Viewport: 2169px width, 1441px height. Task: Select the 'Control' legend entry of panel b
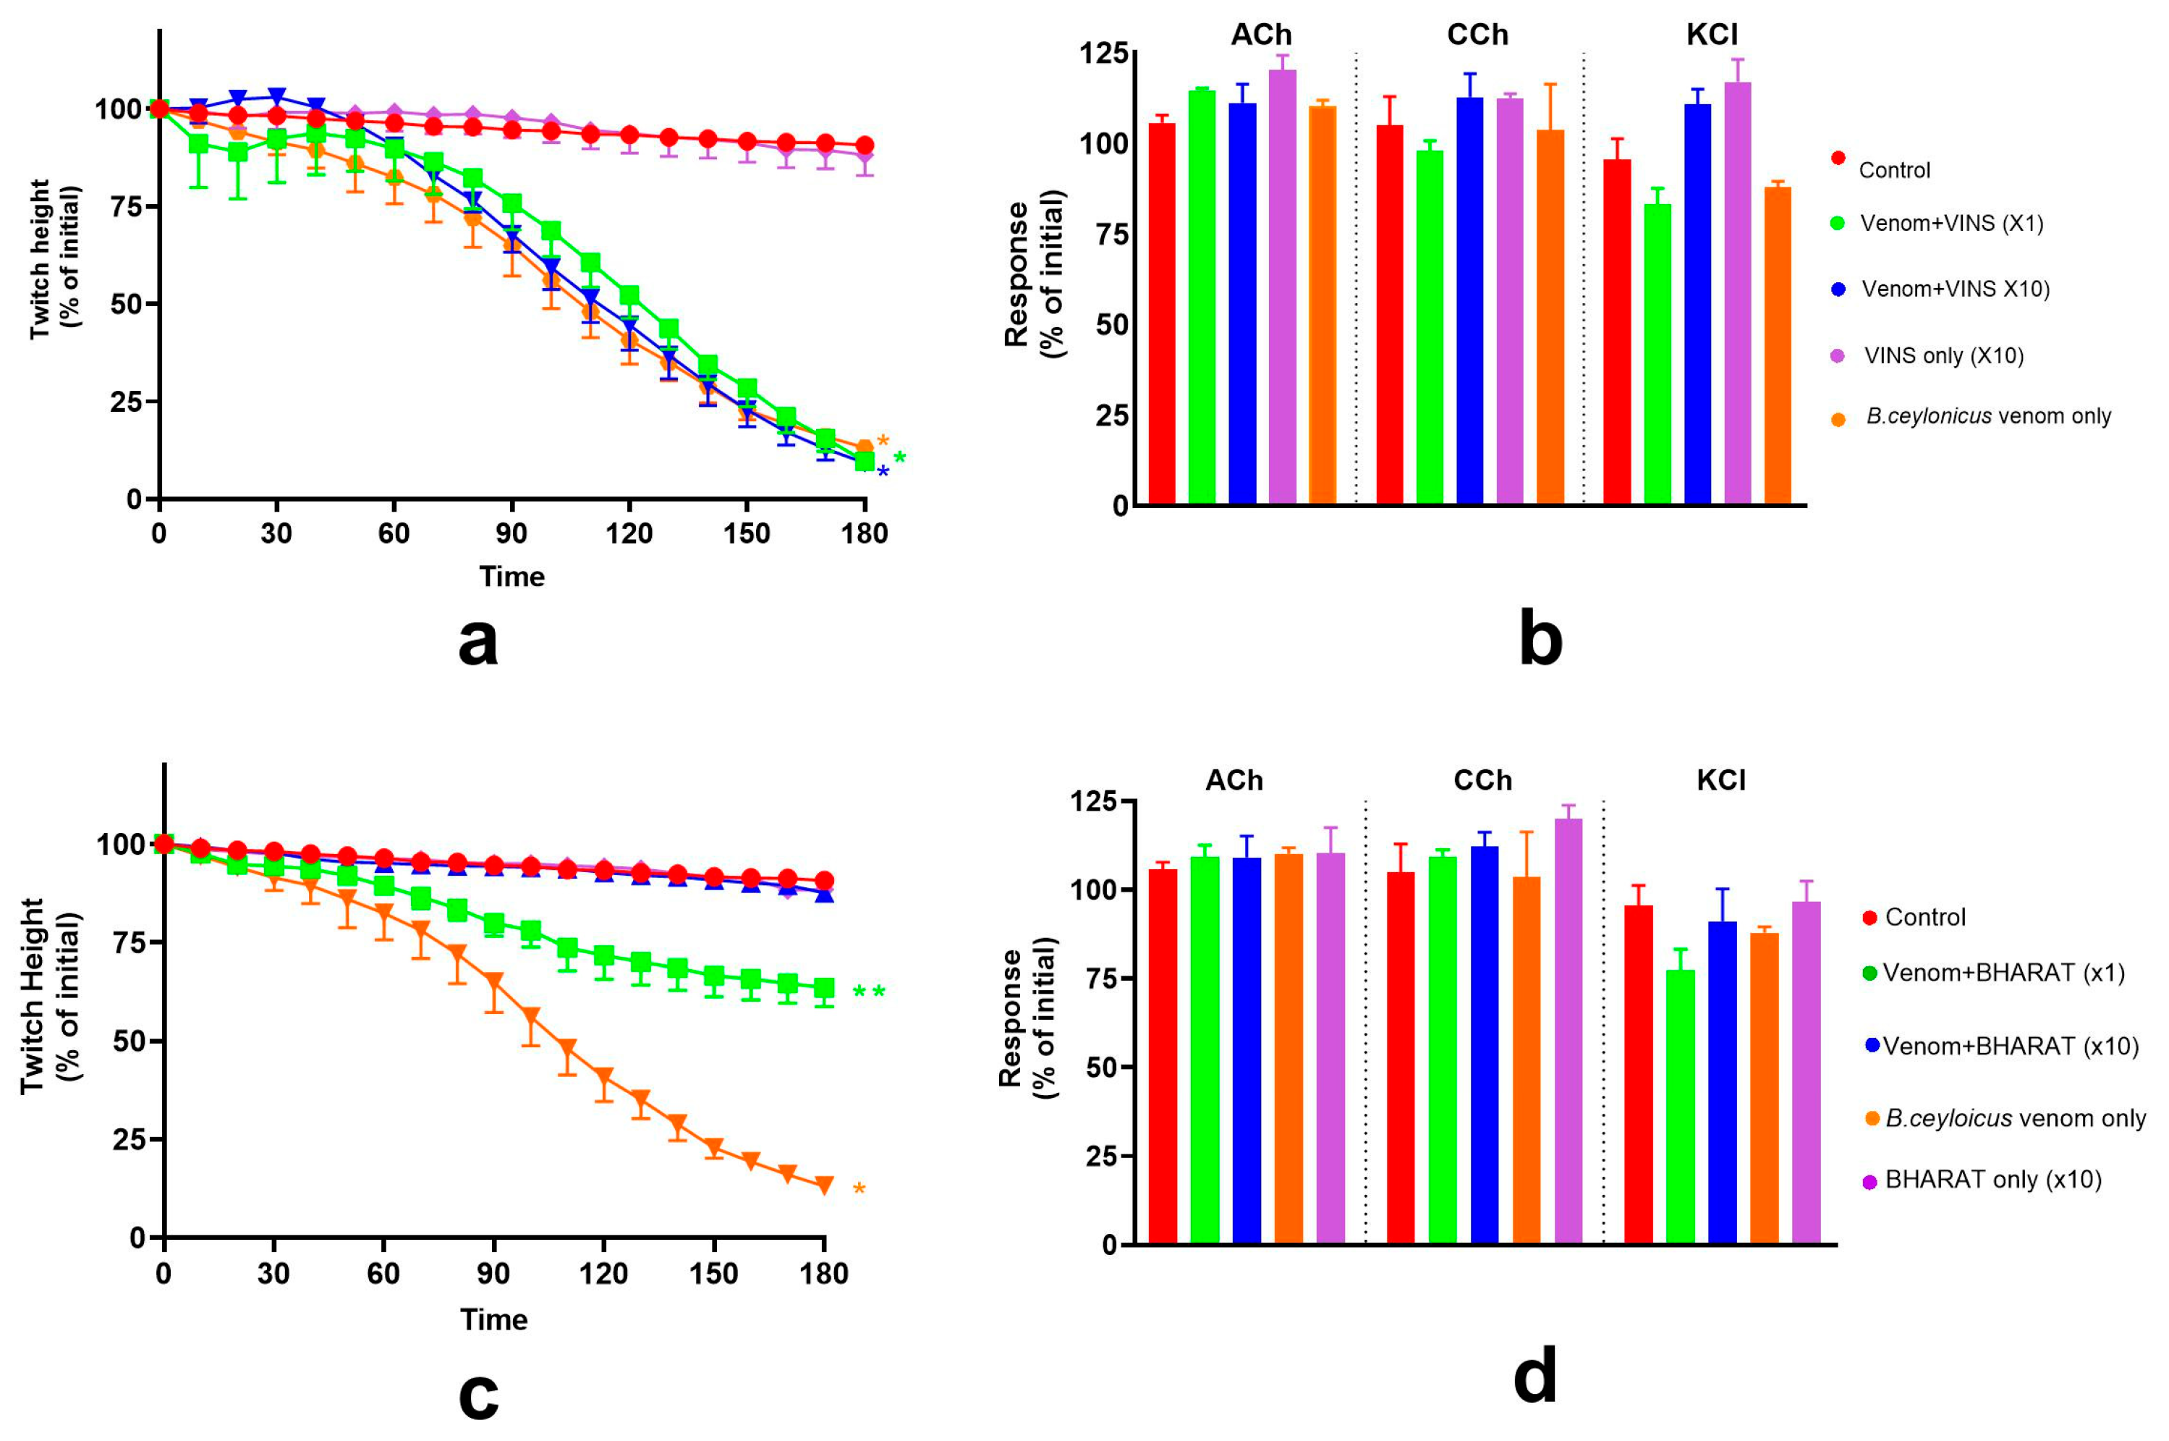pos(1893,170)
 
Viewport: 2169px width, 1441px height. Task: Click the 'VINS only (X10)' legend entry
pos(1943,355)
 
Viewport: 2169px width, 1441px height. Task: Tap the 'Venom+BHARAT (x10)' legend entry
pos(2010,1046)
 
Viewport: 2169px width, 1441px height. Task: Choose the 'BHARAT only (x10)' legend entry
pos(1992,1179)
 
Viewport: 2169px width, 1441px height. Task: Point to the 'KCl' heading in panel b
pos(1712,35)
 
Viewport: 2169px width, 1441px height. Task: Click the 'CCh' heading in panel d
pos(1482,780)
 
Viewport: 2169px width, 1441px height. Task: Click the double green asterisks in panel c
pos(868,992)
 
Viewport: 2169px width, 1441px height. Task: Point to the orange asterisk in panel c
pos(859,1190)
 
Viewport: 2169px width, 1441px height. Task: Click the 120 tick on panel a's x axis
pos(629,533)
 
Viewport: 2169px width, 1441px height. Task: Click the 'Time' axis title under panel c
pos(493,1319)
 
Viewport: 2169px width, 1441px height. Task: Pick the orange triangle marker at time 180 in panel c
pos(824,1185)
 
